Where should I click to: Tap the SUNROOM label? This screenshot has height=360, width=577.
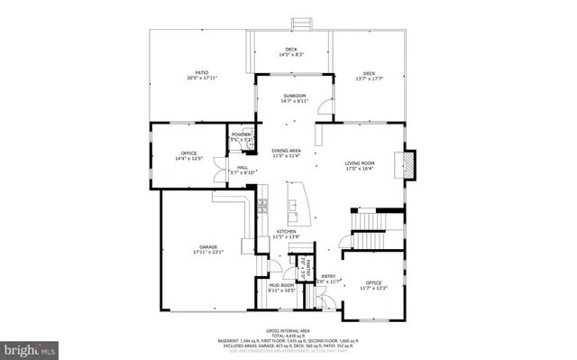pyautogui.click(x=295, y=97)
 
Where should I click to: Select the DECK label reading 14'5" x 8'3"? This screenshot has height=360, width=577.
pyautogui.click(x=291, y=51)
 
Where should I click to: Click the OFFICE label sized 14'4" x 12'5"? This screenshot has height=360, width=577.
pyautogui.click(x=188, y=156)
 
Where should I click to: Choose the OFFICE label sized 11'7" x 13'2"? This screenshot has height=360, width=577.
pyautogui.click(x=373, y=286)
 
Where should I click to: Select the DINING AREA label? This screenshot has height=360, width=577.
pyautogui.click(x=291, y=152)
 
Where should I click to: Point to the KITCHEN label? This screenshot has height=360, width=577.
pyautogui.click(x=288, y=233)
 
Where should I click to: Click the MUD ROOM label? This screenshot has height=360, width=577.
pyautogui.click(x=281, y=287)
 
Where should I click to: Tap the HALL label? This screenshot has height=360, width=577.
pyautogui.click(x=243, y=169)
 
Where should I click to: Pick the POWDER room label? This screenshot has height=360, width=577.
pyautogui.click(x=241, y=137)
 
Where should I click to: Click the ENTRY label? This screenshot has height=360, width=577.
pyautogui.click(x=328, y=279)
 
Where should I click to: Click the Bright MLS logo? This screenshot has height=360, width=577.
pyautogui.click(x=29, y=347)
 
